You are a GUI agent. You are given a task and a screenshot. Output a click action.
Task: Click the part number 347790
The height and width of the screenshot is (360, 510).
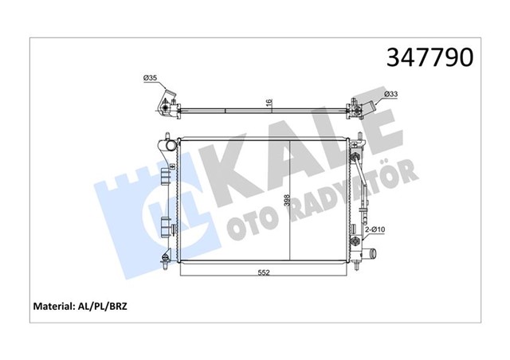pyautogui.click(x=430, y=57)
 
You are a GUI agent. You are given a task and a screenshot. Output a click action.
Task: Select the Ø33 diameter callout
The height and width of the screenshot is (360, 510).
pyautogui.click(x=390, y=95)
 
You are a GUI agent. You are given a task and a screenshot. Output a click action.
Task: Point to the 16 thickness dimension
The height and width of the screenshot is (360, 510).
pyautogui.click(x=269, y=103)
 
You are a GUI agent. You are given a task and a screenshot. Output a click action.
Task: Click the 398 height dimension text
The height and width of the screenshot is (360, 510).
pyautogui.click(x=284, y=208)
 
